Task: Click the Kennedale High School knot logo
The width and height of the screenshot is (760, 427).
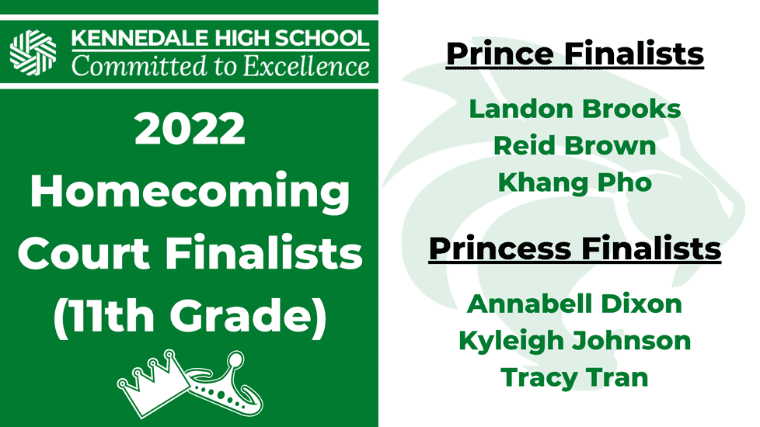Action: point(33,52)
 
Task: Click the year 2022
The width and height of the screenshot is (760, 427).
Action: point(190,128)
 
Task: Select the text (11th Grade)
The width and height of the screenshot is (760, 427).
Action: point(190,317)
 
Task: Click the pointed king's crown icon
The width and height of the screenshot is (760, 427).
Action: point(153,383)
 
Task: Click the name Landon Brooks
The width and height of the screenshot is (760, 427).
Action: point(575,109)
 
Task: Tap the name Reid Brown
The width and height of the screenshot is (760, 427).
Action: point(575,146)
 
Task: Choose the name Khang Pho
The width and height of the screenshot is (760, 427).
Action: point(575,183)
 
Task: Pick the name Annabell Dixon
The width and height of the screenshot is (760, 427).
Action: point(575,304)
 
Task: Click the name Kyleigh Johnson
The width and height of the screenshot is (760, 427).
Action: point(575,342)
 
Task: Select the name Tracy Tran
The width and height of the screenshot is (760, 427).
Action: point(575,378)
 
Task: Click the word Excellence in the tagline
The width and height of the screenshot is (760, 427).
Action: point(306,66)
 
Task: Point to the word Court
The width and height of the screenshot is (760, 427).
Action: point(84,254)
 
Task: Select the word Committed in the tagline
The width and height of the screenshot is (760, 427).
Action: point(139,66)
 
